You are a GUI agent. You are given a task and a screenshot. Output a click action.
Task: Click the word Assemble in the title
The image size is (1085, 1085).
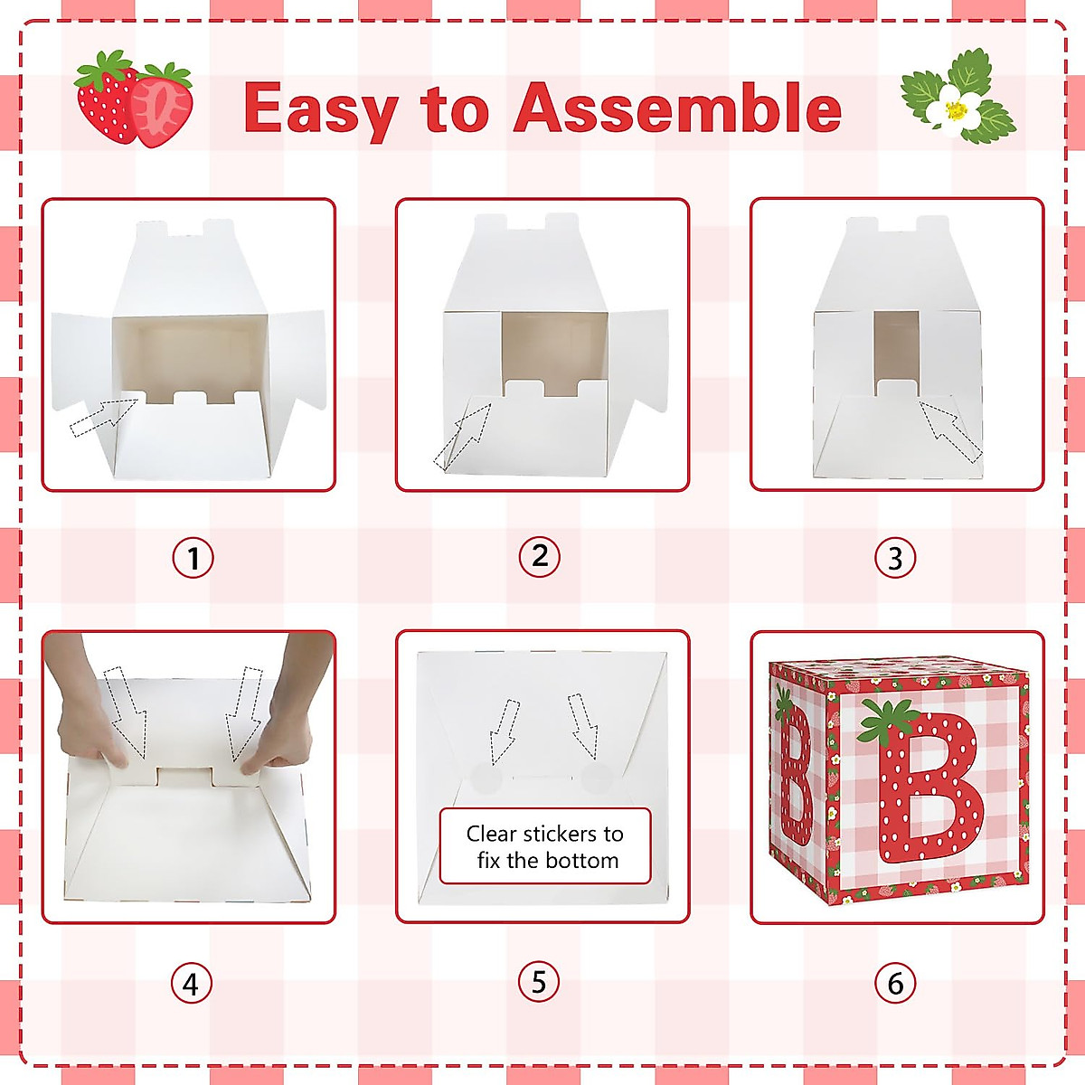click(677, 108)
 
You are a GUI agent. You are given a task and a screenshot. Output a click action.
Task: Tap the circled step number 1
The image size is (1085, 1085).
click(193, 558)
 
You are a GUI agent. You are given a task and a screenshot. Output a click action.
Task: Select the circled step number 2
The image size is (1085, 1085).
click(540, 556)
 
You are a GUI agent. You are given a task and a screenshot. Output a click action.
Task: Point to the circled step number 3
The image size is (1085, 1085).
click(895, 558)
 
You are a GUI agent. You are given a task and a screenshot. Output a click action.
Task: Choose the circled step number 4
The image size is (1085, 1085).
click(191, 984)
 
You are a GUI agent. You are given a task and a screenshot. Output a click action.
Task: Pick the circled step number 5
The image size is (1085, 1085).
click(539, 982)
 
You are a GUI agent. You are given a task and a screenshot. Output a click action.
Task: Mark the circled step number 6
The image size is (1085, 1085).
click(895, 983)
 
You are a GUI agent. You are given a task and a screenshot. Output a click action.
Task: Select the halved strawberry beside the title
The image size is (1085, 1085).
click(163, 107)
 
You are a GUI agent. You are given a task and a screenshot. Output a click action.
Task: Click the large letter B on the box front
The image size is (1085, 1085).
click(932, 787)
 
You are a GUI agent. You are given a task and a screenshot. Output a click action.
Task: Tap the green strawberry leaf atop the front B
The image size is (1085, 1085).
click(887, 720)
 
